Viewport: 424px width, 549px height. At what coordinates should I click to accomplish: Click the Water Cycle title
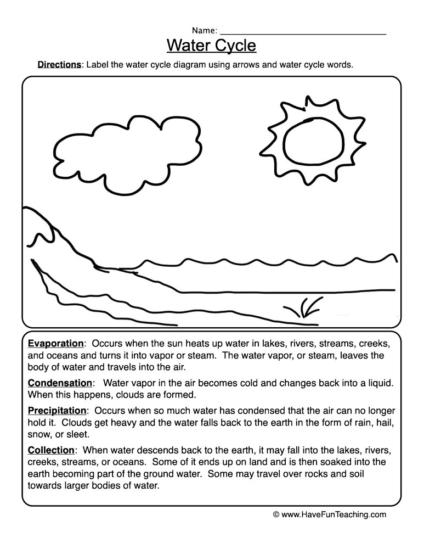(211, 44)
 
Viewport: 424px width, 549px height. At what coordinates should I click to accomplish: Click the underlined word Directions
(59, 64)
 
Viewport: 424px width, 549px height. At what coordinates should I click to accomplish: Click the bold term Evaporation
(55, 344)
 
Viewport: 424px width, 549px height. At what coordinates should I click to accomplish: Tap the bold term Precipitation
(57, 410)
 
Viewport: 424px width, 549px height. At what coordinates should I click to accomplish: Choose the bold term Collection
(51, 450)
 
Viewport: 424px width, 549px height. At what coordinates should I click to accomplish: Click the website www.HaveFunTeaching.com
(334, 514)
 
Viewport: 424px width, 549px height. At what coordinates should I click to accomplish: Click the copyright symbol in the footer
(276, 515)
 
